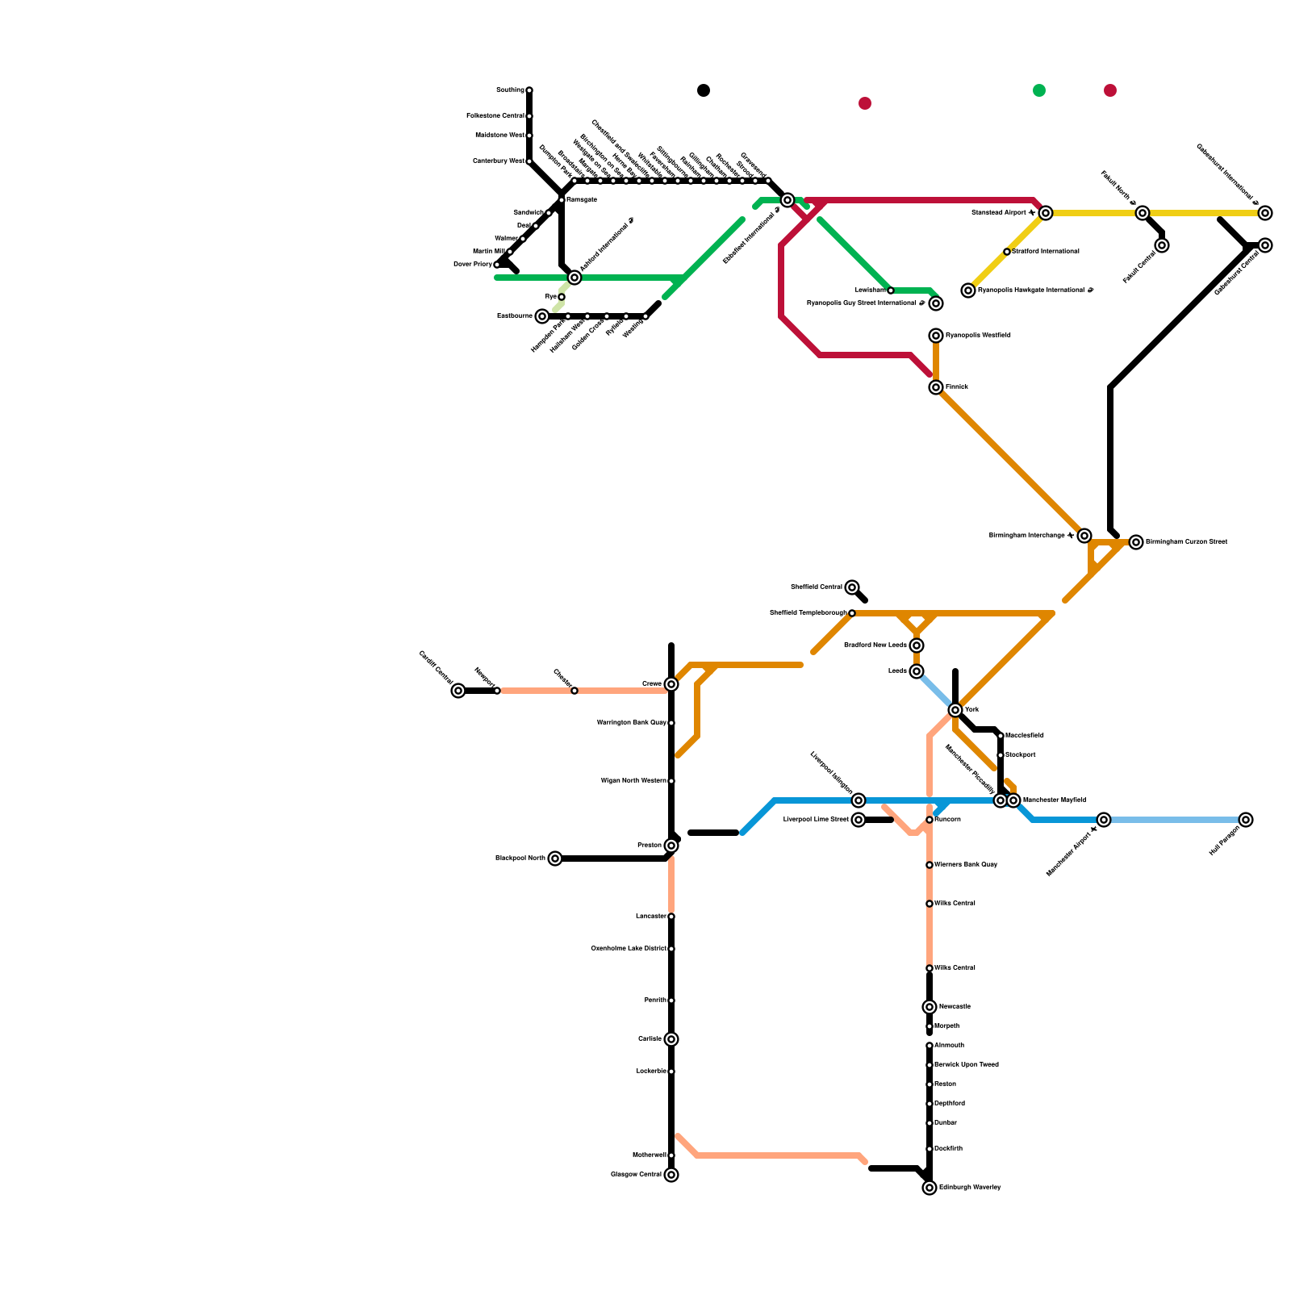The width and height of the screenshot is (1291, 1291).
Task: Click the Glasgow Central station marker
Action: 671,1175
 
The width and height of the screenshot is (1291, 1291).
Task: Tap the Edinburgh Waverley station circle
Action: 930,1188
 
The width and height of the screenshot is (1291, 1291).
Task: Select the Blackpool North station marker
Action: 555,859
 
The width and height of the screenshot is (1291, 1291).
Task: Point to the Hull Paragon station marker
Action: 1246,820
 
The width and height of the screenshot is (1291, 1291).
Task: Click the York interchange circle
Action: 955,710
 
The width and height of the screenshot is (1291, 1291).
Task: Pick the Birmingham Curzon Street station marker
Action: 1136,542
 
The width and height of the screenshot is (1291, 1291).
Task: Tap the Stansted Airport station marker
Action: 1046,213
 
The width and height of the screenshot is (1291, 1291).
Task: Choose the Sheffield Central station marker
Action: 852,587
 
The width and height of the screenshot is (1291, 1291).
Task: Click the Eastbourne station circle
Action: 542,316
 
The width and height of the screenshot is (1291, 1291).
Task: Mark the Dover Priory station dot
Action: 497,265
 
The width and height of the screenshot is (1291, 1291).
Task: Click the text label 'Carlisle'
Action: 650,1039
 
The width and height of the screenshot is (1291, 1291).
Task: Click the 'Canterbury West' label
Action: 499,161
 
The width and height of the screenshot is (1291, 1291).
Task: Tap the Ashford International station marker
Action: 574,278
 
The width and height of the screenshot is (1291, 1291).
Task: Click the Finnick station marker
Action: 936,387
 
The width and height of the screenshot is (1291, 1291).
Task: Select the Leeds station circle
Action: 917,671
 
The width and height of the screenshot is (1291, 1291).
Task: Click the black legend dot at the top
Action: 704,90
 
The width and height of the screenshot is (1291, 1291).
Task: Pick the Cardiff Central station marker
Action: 458,691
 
